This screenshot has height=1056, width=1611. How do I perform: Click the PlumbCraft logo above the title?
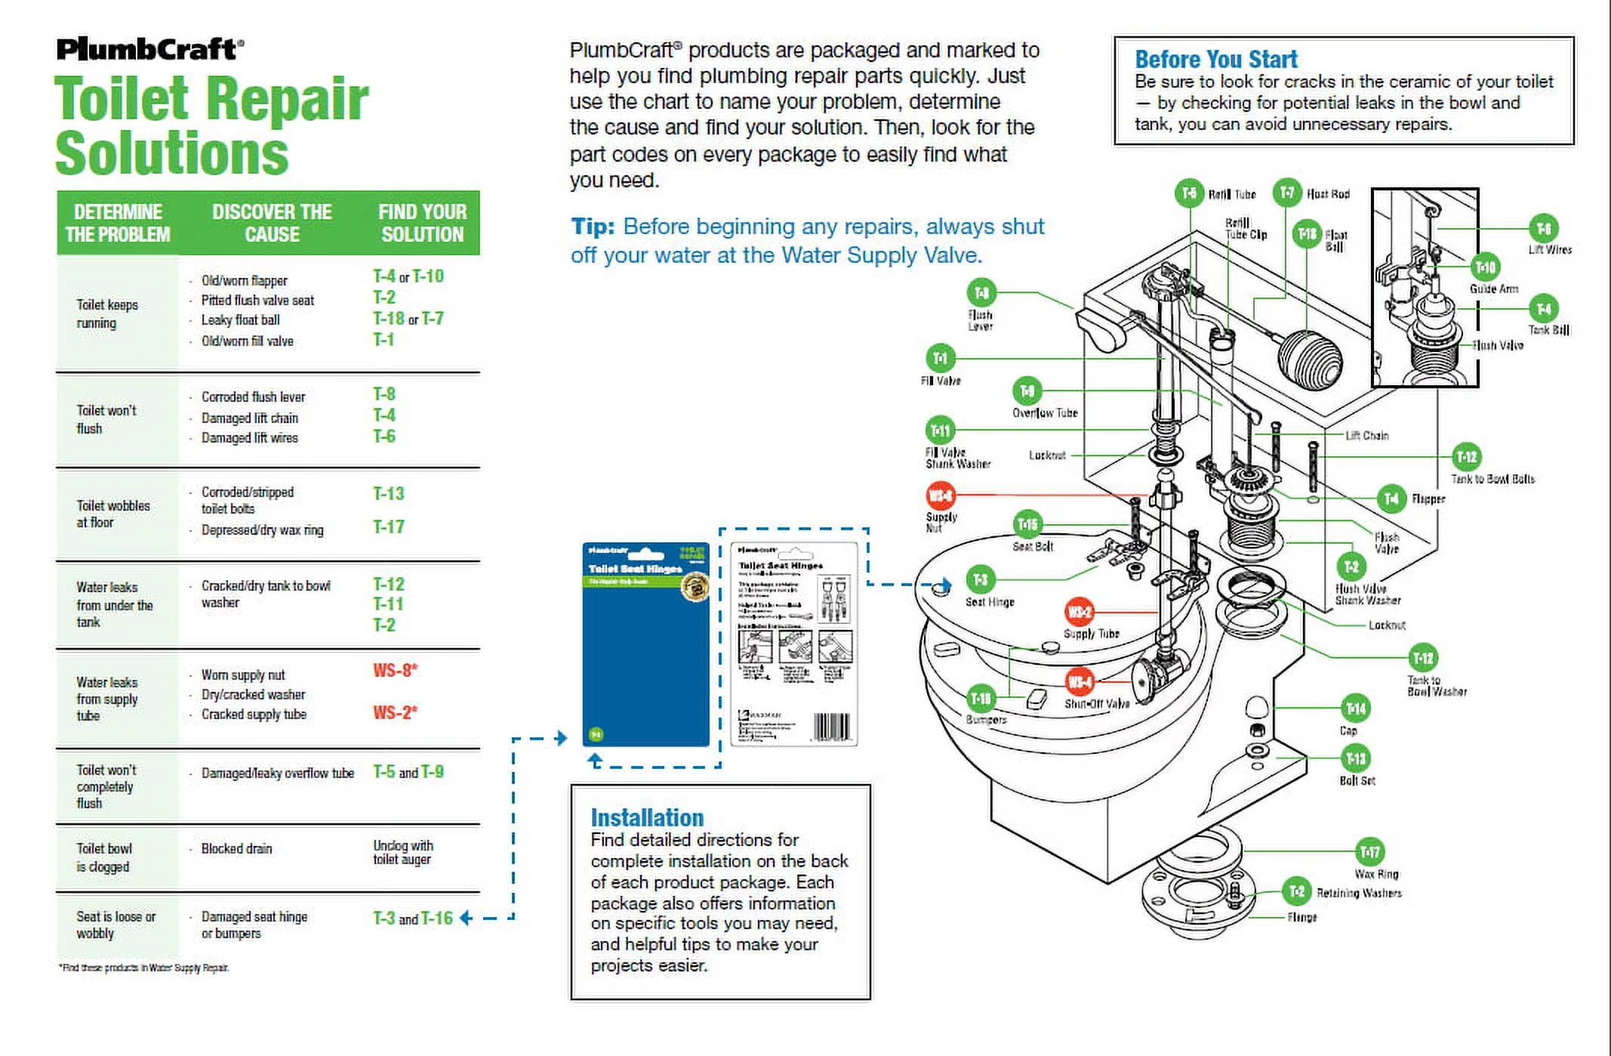coord(149,49)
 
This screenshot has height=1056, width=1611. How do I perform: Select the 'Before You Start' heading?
coord(1215,59)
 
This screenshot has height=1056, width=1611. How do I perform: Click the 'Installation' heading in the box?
coord(647,817)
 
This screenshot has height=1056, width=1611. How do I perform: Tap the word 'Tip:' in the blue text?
coord(593,227)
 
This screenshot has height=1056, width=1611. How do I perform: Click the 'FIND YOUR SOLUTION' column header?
coord(422,223)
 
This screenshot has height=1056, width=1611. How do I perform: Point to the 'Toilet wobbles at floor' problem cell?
coord(113,514)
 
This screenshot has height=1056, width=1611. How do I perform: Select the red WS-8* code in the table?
coord(395,671)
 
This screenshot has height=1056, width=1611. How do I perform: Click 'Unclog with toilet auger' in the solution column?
coord(402,852)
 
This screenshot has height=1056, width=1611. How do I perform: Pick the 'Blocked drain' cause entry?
coord(236,848)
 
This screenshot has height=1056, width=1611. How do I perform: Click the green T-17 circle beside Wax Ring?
coord(1369,852)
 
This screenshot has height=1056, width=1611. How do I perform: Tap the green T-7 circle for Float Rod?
coord(1287,193)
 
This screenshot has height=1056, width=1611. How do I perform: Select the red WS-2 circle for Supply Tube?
coord(1079,612)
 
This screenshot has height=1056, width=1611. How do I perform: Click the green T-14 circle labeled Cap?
coord(1356,709)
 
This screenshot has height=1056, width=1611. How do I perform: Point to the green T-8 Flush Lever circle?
coord(981,292)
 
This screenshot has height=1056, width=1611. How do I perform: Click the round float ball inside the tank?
coord(1310,360)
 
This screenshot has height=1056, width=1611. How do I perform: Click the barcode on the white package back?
coord(831,727)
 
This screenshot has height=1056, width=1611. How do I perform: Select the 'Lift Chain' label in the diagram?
coord(1366,436)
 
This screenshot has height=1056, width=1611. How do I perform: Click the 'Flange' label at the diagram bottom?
coord(1301,917)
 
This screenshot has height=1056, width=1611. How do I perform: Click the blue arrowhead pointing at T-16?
coord(467,918)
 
